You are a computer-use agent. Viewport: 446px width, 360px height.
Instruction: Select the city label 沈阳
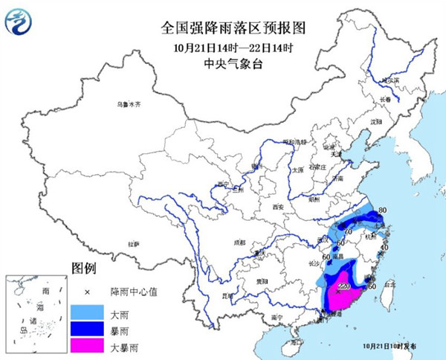click(x=376, y=120)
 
